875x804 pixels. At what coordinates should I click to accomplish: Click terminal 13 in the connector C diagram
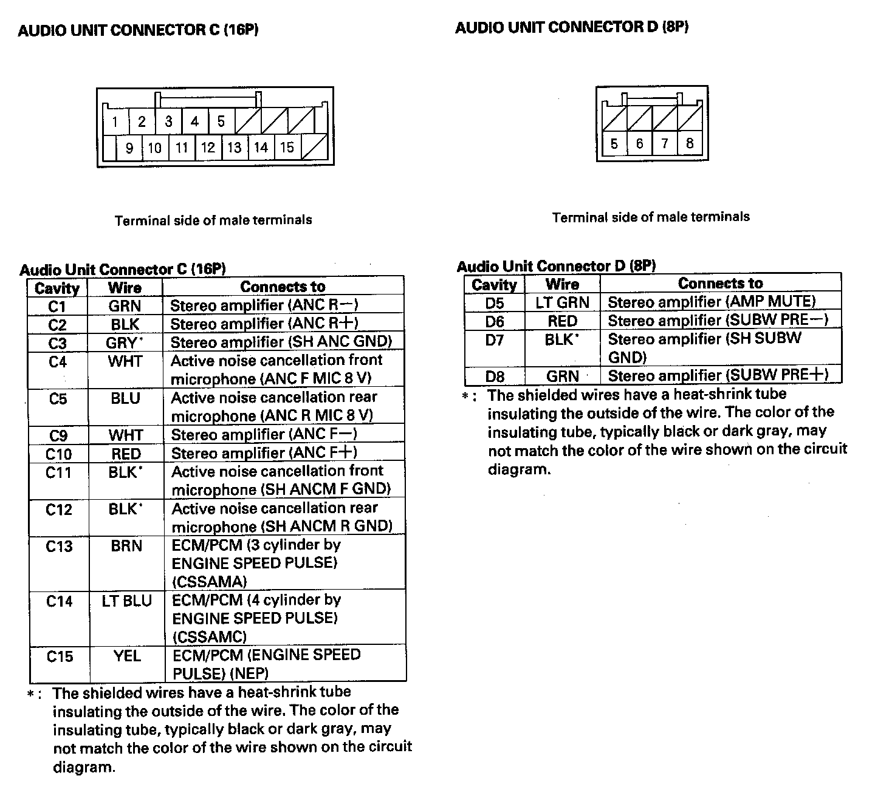coord(235,148)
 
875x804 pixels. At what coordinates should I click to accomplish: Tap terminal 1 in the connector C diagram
coord(115,122)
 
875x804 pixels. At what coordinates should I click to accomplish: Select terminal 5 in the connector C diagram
coord(221,121)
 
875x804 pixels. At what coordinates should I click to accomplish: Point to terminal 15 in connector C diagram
coord(287,148)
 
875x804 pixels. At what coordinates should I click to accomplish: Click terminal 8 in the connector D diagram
coord(690,144)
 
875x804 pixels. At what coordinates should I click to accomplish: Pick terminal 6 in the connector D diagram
coord(639,144)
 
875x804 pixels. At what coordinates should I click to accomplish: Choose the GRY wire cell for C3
coord(125,343)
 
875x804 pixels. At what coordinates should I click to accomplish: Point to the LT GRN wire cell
coord(562,302)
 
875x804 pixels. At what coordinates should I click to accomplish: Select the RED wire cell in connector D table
coord(562,321)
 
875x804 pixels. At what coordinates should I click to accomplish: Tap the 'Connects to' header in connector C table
coord(283,287)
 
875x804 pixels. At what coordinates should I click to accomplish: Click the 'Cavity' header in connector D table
coord(495,284)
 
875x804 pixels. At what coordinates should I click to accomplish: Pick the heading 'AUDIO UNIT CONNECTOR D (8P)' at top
coord(572,27)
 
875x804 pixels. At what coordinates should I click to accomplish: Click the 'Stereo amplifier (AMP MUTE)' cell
coord(712,302)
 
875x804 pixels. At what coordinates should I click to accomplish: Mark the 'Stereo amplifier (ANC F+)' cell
coord(264,453)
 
